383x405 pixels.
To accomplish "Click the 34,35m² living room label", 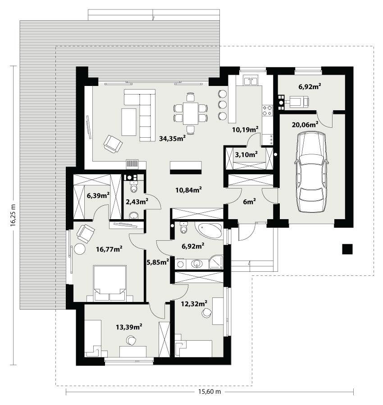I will tap(173, 139).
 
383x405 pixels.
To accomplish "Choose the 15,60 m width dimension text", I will tap(210, 392).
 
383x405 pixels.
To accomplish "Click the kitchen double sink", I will tap(250, 81).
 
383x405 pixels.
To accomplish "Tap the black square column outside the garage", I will tap(347, 249).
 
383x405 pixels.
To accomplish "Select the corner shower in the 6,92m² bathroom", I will tap(215, 262).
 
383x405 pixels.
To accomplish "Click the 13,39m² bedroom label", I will tap(129, 326).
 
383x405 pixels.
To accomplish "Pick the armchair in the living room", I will tap(113, 144).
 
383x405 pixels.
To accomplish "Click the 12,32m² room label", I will tap(194, 303).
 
